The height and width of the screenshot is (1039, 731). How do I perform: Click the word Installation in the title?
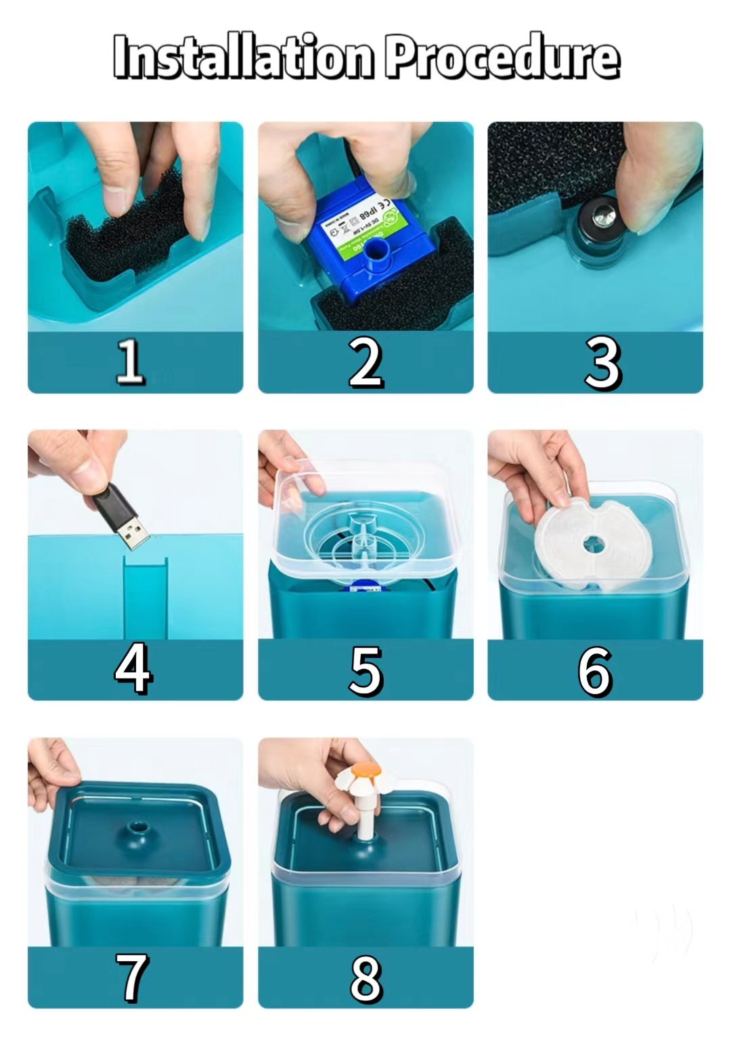(242, 57)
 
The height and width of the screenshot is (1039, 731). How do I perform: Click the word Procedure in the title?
(502, 57)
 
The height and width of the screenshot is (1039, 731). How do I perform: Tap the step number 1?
(130, 361)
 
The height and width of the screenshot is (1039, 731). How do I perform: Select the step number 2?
(365, 363)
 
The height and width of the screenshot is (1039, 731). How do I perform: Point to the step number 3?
(602, 363)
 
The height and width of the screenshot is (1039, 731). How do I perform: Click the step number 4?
(133, 668)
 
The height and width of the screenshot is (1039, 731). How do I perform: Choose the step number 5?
(365, 670)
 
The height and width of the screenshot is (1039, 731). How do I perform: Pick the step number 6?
(595, 670)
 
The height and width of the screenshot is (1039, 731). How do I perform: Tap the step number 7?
(131, 977)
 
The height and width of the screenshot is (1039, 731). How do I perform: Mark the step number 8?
(365, 978)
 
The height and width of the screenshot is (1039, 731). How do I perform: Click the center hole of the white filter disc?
(595, 542)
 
